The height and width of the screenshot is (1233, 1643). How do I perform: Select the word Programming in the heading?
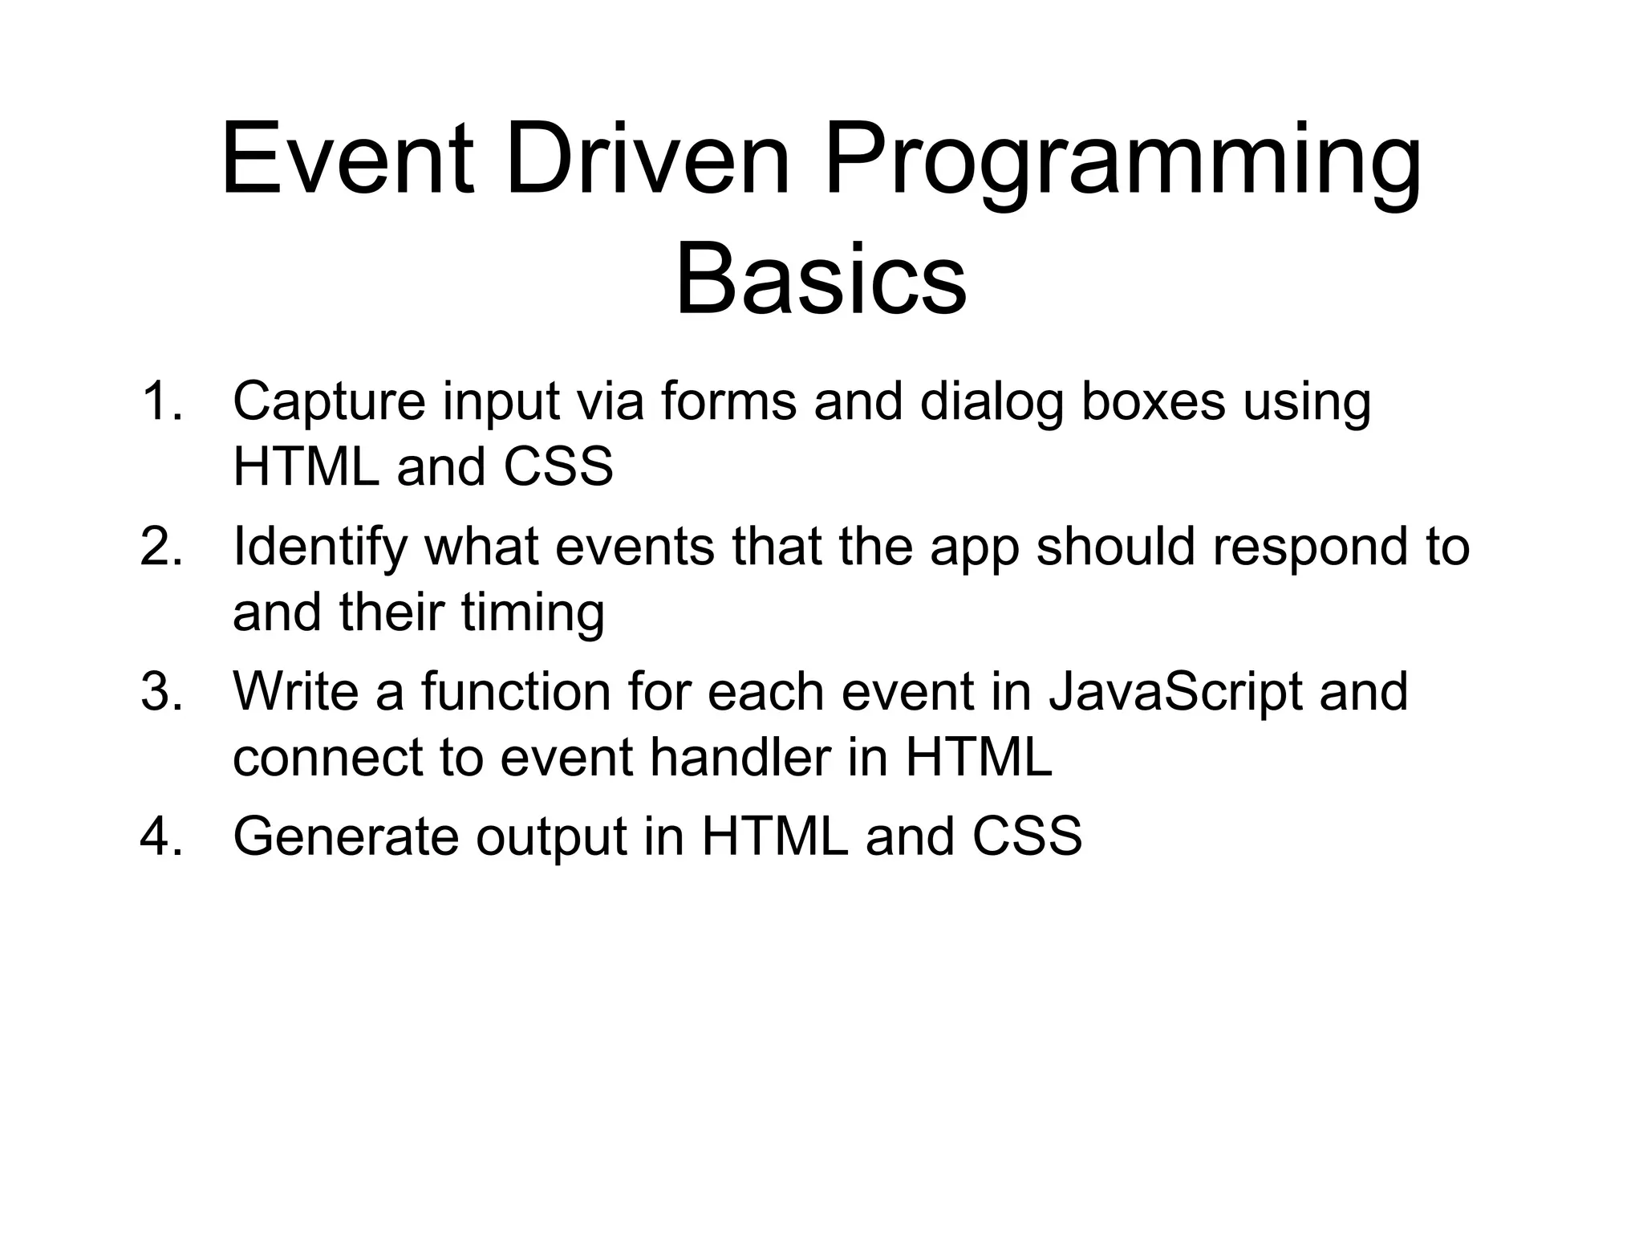click(1122, 165)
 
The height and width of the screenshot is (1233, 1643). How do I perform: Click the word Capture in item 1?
click(329, 403)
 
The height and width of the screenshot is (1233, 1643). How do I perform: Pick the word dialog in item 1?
click(992, 403)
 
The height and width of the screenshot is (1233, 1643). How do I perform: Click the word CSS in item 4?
click(1027, 836)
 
